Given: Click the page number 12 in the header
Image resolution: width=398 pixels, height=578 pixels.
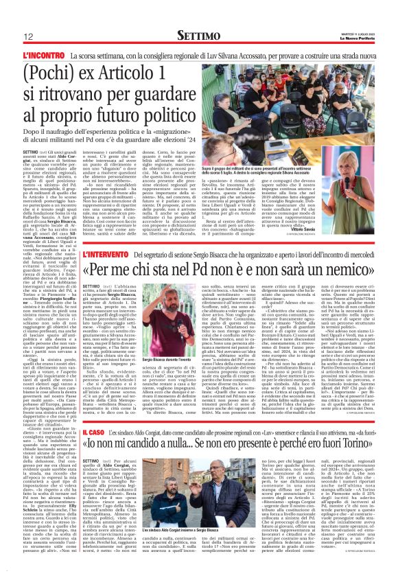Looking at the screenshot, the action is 30,35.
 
